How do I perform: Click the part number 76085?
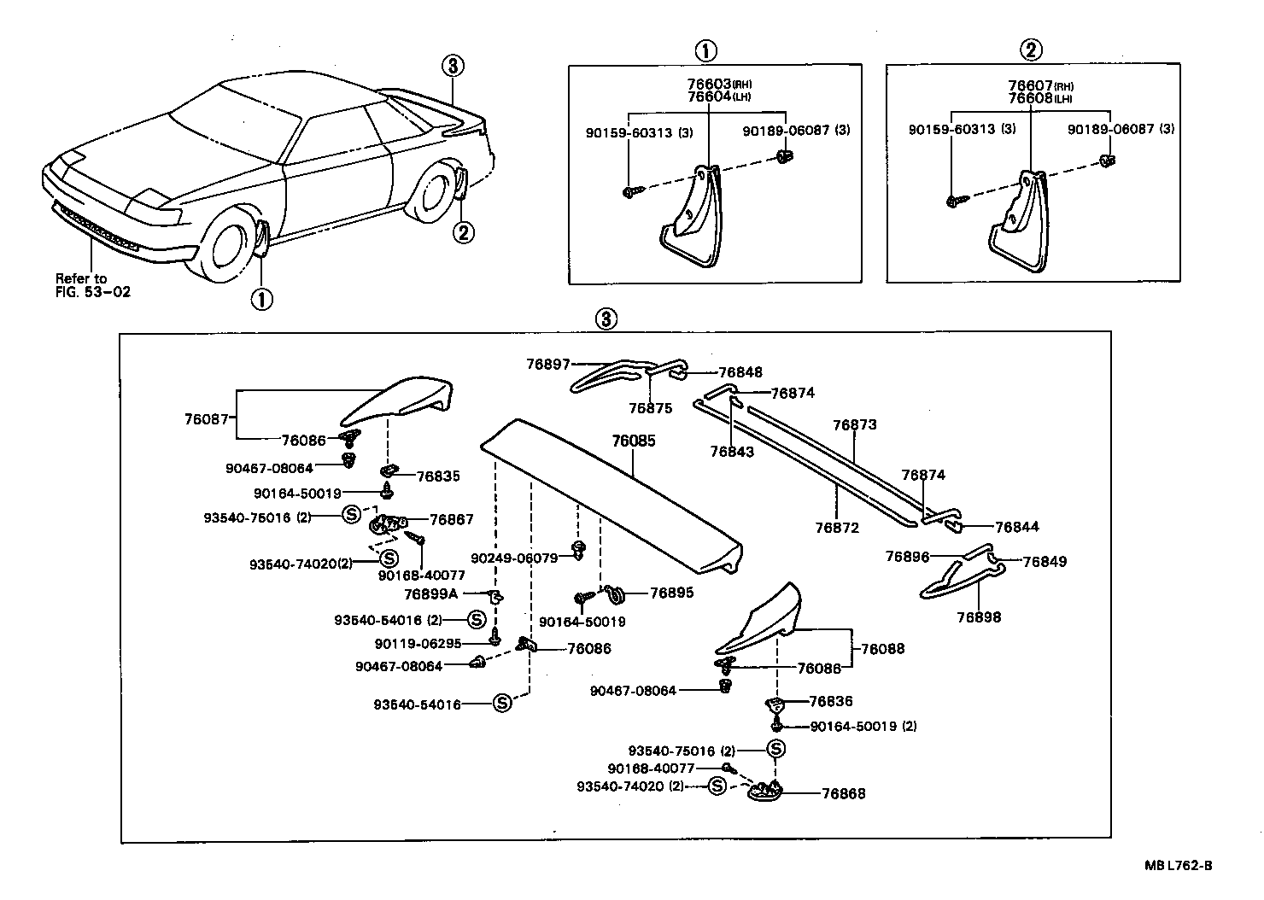(x=633, y=441)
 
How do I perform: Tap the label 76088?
(x=882, y=649)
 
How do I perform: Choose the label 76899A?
(x=431, y=593)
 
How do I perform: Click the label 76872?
(x=836, y=528)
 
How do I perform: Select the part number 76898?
(x=979, y=617)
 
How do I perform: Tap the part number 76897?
(x=547, y=365)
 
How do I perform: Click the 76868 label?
(x=843, y=793)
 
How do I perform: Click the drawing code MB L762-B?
(x=1179, y=865)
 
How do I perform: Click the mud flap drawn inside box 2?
(x=1018, y=225)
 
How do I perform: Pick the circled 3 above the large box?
(x=605, y=319)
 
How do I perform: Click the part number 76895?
(x=671, y=593)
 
